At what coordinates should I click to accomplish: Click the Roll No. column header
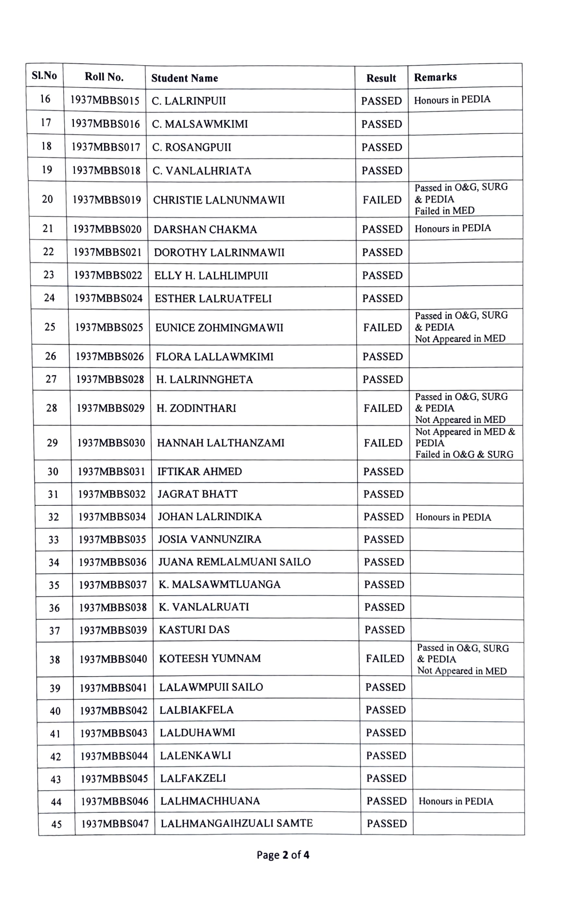pyautogui.click(x=104, y=77)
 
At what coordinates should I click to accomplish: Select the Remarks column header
pyautogui.click(x=435, y=77)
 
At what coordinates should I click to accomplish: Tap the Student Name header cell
pyautogui.click(x=185, y=78)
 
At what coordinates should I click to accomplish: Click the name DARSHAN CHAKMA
pyautogui.click(x=205, y=229)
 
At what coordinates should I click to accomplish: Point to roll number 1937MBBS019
pyautogui.click(x=106, y=200)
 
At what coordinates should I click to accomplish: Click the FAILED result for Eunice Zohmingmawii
pyautogui.click(x=383, y=328)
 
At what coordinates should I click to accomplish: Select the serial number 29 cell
pyautogui.click(x=53, y=443)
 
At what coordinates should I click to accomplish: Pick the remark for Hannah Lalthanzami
pyautogui.click(x=465, y=443)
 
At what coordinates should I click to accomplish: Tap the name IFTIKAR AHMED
pyautogui.click(x=199, y=472)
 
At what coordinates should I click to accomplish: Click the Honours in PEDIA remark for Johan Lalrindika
pyautogui.click(x=453, y=517)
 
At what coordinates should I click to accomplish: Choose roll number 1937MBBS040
pyautogui.click(x=113, y=659)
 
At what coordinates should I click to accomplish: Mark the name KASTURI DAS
pyautogui.click(x=194, y=630)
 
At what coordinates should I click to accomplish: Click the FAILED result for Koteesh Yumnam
pyautogui.click(x=385, y=659)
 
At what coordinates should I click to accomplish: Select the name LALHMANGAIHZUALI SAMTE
pyautogui.click(x=237, y=823)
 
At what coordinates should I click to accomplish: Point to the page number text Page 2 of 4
pyautogui.click(x=283, y=855)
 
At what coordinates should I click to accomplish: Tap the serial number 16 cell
pyautogui.click(x=45, y=99)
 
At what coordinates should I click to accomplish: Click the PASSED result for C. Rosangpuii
pyautogui.click(x=382, y=148)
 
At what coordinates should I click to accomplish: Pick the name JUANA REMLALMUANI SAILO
pyautogui.click(x=234, y=562)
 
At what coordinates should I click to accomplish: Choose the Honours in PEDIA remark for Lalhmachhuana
pyautogui.click(x=456, y=801)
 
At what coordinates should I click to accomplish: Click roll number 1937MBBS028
pyautogui.click(x=110, y=380)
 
